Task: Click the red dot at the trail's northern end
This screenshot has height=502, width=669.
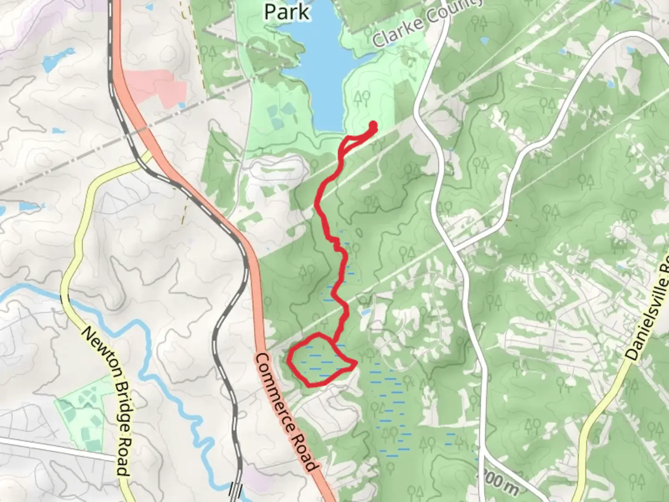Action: tap(373, 124)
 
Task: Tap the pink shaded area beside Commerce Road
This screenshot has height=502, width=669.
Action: tap(156, 86)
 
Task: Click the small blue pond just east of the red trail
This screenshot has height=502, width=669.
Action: tap(365, 312)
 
